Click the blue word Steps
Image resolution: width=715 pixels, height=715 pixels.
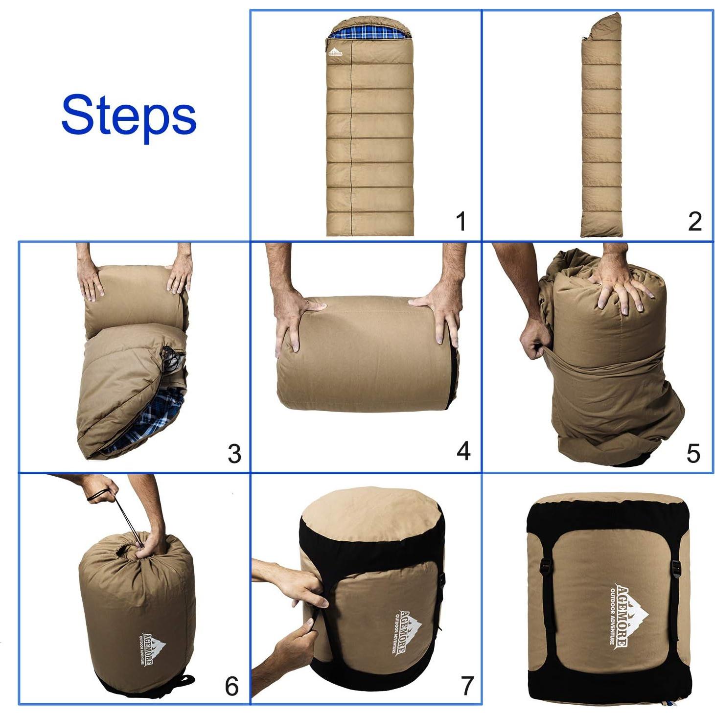128,115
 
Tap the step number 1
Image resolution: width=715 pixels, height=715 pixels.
461,221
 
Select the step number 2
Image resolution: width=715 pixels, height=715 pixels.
694,221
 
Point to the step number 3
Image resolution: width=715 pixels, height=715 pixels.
234,454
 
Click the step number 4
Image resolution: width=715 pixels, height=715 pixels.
463,451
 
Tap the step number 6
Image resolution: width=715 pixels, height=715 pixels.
231,686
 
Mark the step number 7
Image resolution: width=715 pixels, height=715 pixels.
467,686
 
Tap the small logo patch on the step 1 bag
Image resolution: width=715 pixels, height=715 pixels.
335,52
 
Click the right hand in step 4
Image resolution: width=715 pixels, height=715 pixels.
438,313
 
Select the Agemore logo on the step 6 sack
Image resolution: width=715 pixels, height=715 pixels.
152,648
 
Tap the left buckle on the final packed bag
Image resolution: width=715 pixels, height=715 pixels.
546,567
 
